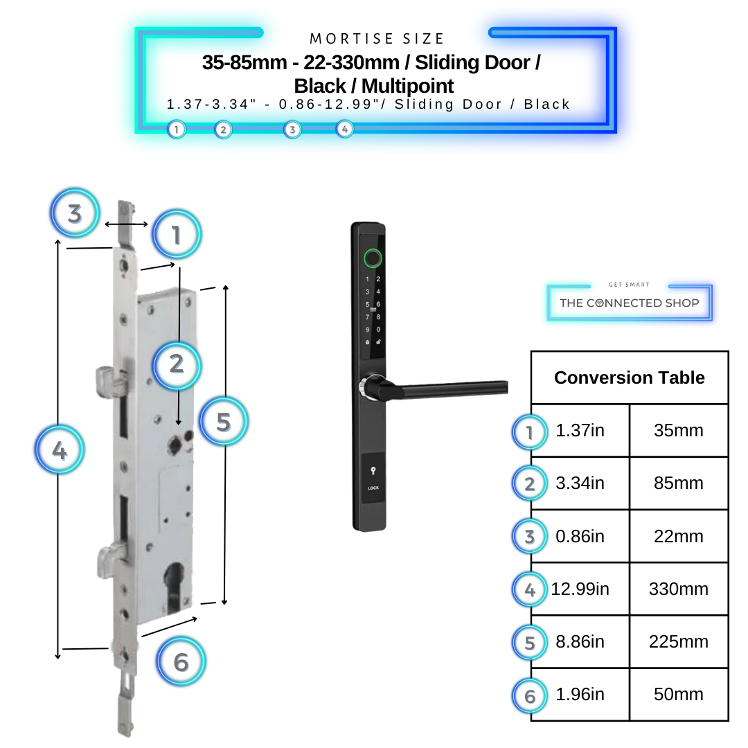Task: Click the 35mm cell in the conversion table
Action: [678, 431]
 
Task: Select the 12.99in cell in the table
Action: [580, 589]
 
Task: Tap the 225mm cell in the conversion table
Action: [678, 642]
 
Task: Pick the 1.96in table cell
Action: [580, 695]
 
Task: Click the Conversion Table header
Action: [629, 377]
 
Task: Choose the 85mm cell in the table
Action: [678, 483]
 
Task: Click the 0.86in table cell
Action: [580, 537]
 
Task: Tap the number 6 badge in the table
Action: [530, 695]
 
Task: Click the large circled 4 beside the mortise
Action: [60, 451]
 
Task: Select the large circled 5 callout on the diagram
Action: [223, 422]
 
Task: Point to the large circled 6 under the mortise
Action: [181, 662]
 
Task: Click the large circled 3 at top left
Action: [75, 213]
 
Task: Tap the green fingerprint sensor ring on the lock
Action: [373, 260]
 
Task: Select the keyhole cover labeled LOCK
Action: [373, 477]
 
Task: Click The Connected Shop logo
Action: [629, 302]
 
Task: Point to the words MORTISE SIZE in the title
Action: [377, 39]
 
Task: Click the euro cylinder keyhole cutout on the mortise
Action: [175, 581]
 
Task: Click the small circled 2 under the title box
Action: [222, 129]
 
